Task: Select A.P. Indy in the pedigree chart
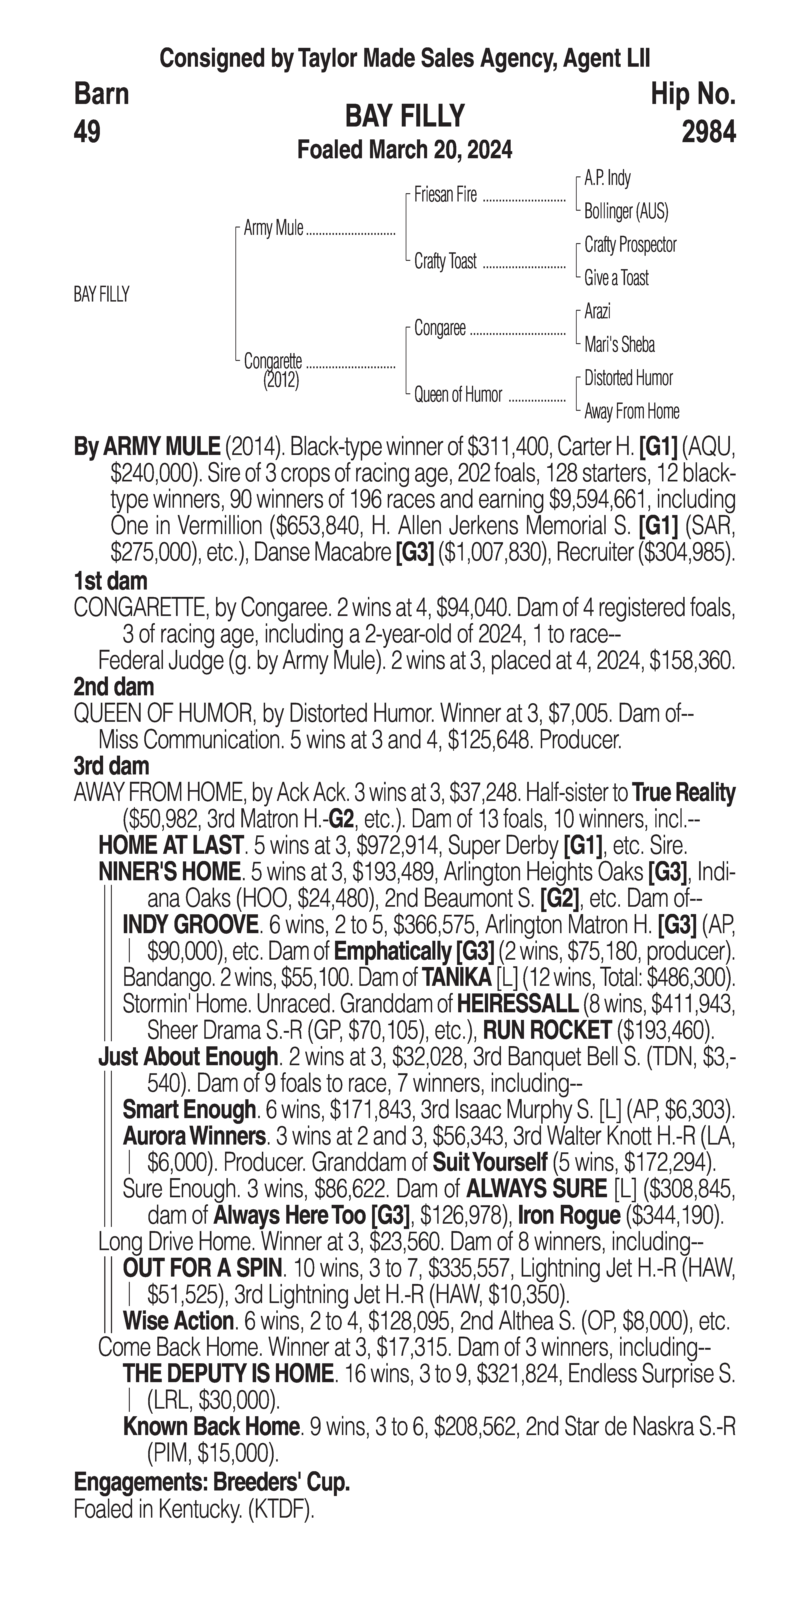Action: (607, 178)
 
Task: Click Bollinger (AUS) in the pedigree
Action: (626, 212)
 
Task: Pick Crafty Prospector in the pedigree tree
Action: (630, 245)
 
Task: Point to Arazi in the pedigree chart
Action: (597, 311)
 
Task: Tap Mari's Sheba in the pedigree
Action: (619, 345)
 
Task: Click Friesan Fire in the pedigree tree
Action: (445, 195)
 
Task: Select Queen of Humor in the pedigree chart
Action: (458, 395)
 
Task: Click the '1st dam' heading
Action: (110, 581)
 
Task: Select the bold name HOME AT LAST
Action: (170, 846)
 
